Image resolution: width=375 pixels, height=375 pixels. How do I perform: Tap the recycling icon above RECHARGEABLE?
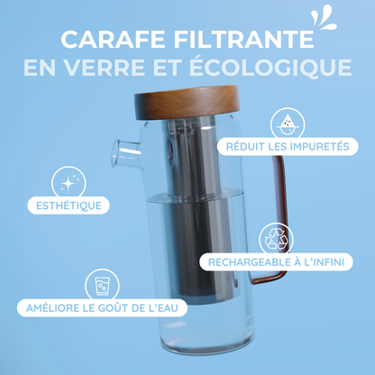(275, 238)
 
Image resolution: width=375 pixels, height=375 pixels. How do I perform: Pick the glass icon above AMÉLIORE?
(100, 285)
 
